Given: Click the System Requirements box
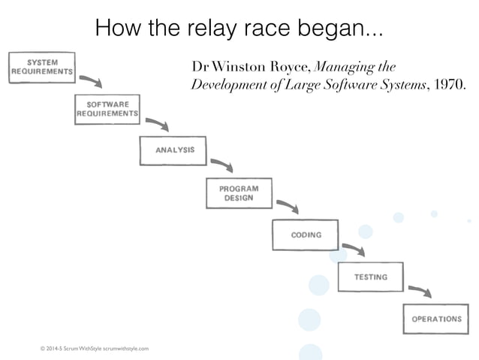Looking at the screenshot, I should (x=42, y=66).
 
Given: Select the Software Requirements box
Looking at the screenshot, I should (x=108, y=109).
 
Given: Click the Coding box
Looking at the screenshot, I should (x=306, y=235).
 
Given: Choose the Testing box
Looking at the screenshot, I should (x=371, y=277).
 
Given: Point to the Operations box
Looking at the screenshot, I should (x=436, y=319).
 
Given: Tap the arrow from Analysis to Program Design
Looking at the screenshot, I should (x=222, y=165).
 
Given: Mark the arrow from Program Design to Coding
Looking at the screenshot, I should (x=288, y=206).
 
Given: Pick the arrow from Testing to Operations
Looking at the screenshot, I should (x=420, y=290).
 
